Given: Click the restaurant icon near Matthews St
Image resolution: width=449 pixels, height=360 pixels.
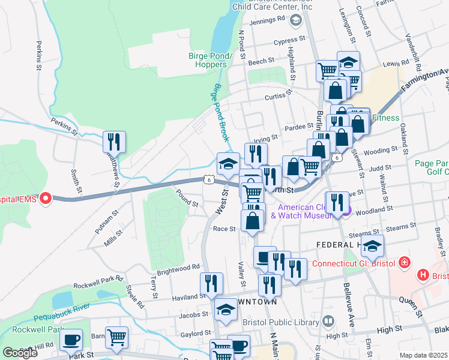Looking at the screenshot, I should click(113, 142).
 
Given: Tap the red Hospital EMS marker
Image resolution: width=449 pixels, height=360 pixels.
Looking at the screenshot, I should click(46, 199).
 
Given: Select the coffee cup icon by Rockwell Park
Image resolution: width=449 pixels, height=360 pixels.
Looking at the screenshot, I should click(71, 340).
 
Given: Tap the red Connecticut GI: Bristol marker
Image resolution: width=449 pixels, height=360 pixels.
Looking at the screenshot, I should click(405, 263).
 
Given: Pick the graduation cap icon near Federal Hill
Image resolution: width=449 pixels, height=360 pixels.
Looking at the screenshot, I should click(372, 246).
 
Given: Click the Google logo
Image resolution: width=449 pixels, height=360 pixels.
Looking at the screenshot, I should click(19, 353).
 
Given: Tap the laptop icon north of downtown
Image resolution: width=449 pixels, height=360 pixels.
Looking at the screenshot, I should click(264, 257).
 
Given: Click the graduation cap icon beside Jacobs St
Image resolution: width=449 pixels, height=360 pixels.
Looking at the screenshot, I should click(226, 310).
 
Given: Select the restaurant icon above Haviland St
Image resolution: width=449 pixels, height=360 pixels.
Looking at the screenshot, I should click(211, 284).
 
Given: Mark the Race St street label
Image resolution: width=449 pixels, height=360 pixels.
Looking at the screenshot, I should click(224, 229).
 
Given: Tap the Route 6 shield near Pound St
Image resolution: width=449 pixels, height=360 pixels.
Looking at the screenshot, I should click(208, 179).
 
